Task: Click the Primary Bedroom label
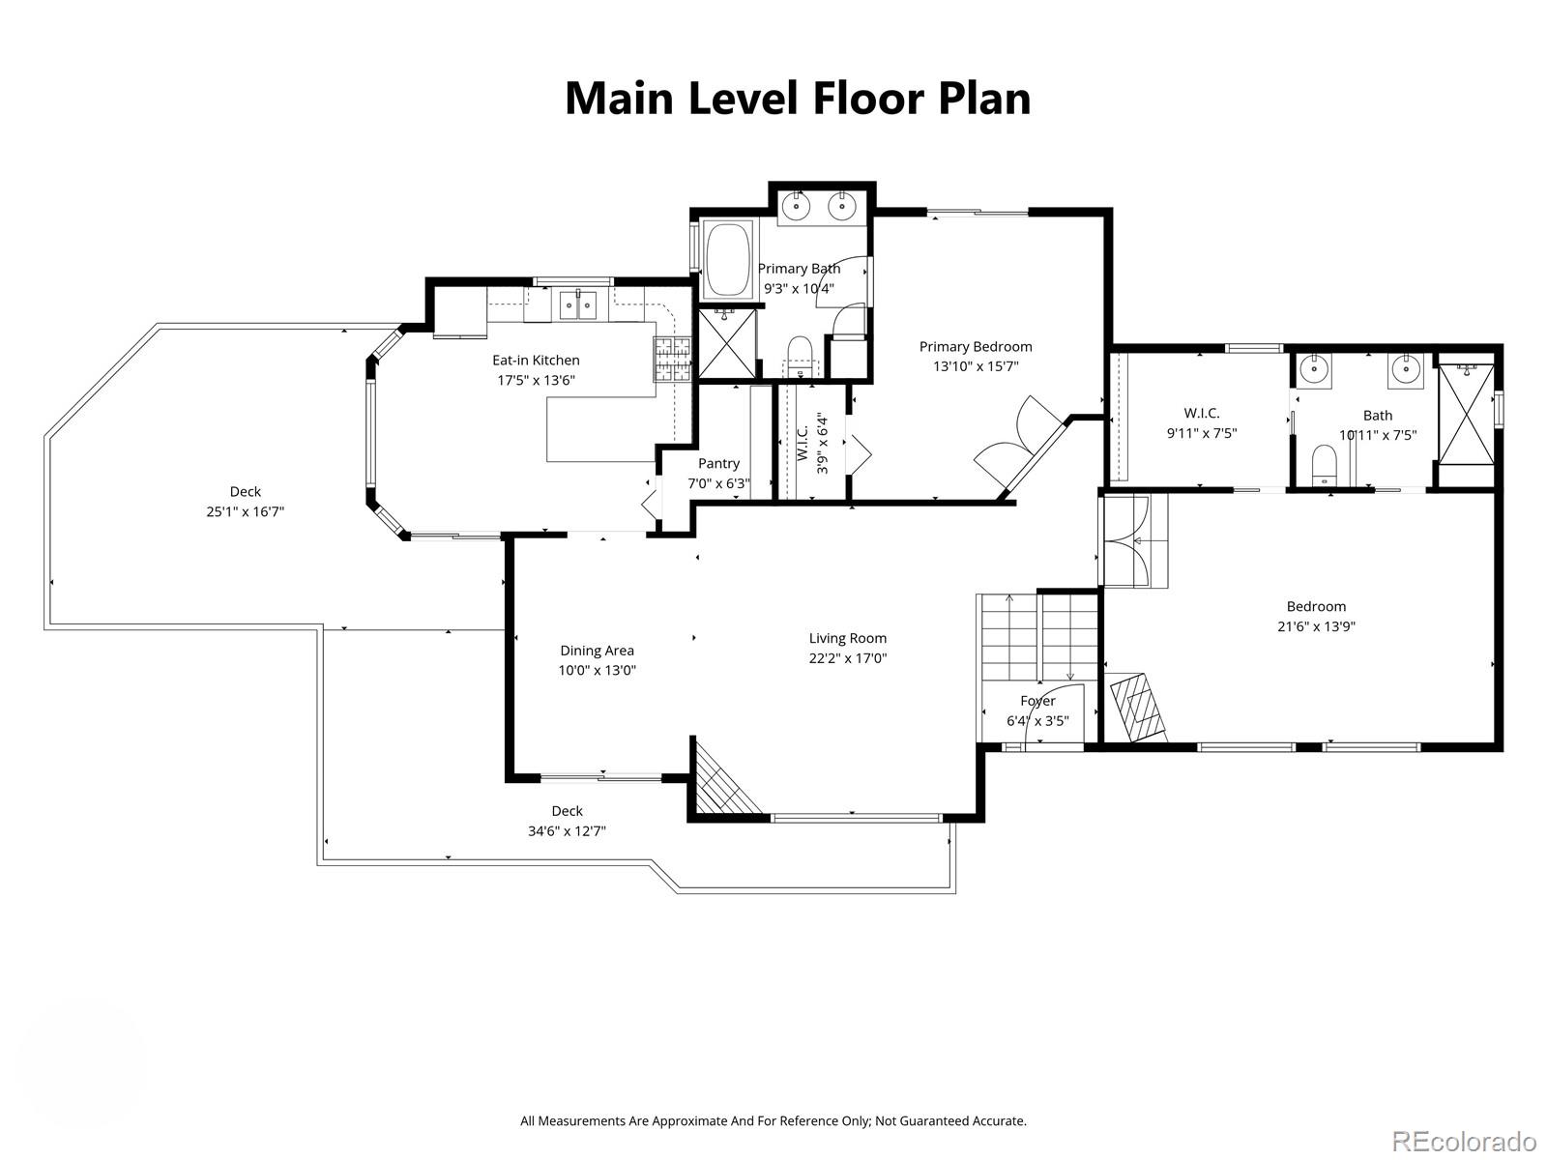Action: pyautogui.click(x=976, y=346)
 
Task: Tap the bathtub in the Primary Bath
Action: pyautogui.click(x=728, y=259)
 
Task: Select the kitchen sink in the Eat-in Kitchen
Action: pyautogui.click(x=578, y=305)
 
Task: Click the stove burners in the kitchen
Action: pyautogui.click(x=673, y=360)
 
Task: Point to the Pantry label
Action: pyautogui.click(x=718, y=464)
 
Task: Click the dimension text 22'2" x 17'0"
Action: pyautogui.click(x=848, y=658)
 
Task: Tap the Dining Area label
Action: pyautogui.click(x=597, y=651)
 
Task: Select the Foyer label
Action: pyautogui.click(x=1037, y=701)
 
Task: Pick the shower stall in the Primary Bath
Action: pyautogui.click(x=725, y=343)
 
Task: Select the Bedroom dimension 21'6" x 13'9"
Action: pyautogui.click(x=1316, y=625)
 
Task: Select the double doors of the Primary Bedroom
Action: pyautogui.click(x=1015, y=440)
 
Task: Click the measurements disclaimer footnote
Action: pyautogui.click(x=773, y=1121)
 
